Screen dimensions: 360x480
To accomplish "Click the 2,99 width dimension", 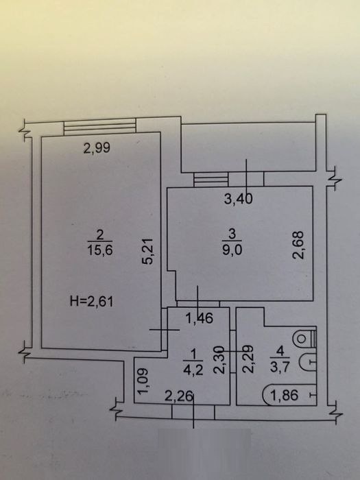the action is point(97,148).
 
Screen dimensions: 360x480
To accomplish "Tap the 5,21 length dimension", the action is point(149,252).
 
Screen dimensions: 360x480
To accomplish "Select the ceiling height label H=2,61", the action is point(91,302).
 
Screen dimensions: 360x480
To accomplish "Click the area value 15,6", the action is point(100,251).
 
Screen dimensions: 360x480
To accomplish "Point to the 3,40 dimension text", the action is point(239,199).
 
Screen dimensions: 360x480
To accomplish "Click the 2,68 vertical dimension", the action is point(298,245).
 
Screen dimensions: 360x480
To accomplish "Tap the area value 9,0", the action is point(232,250).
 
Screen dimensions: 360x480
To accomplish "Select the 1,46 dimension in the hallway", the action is point(200,319).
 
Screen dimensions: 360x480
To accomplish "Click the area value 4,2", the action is point(193,371).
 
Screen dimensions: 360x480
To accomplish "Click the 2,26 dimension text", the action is point(180,397).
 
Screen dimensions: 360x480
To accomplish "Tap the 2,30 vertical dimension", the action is point(219,360).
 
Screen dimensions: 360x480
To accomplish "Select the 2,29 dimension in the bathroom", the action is point(248,359).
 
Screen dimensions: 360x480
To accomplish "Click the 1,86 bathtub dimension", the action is point(285,395).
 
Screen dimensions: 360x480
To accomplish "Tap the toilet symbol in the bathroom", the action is point(304,339).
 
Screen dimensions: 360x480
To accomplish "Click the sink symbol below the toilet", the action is point(307,363).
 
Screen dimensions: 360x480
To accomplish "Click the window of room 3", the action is point(211,180).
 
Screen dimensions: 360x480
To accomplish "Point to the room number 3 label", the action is point(232,235).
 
